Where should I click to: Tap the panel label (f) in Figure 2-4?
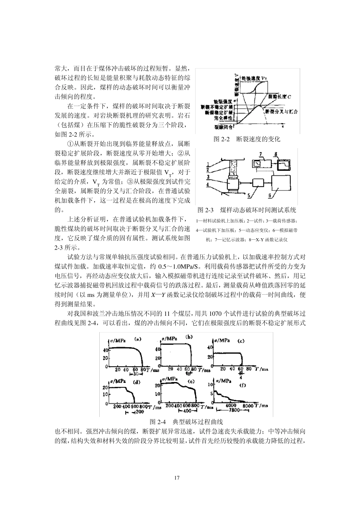click(243, 385)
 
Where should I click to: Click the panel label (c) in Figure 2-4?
click(241, 341)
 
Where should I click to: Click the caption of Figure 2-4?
click(186, 422)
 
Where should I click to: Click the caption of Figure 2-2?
click(247, 139)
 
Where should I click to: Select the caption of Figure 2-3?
click(247, 210)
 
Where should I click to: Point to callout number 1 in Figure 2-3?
click(208, 164)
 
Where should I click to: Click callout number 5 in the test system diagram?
click(249, 196)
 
